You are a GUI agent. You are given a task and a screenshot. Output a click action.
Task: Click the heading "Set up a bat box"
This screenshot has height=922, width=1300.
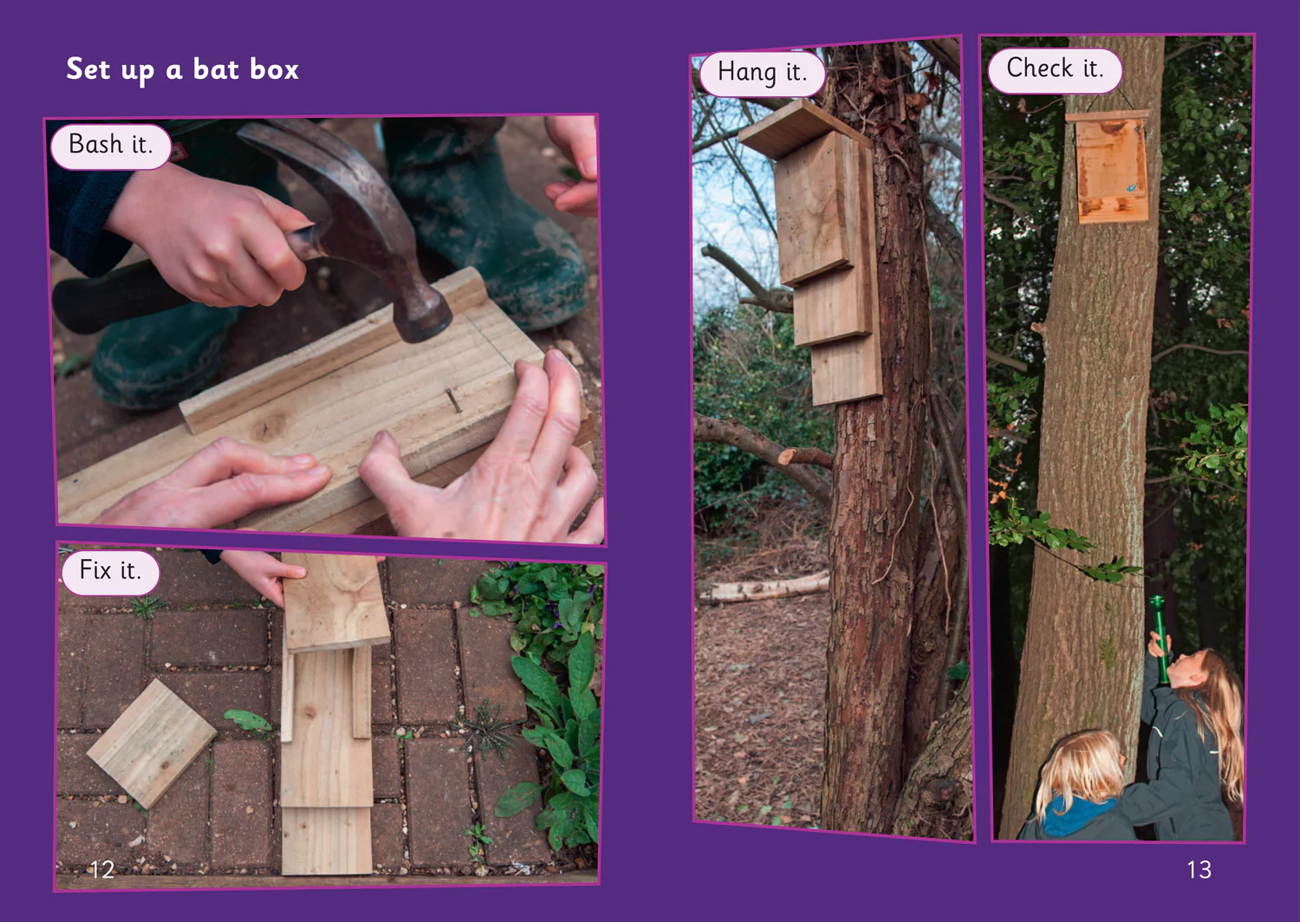[182, 69]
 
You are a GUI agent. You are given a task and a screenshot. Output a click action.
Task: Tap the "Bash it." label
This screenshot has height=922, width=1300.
[110, 145]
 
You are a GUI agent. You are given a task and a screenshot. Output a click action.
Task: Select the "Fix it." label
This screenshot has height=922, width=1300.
[110, 572]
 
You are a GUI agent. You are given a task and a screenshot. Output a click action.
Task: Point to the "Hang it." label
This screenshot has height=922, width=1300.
[762, 73]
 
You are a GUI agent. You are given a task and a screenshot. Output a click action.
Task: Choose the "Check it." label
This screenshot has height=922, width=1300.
[1055, 69]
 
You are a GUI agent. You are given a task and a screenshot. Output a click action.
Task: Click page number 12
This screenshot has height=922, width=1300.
[101, 869]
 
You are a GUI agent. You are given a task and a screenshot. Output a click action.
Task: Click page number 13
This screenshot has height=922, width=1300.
[1199, 869]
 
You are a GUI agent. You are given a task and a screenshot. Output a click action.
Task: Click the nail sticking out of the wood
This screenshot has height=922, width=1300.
[453, 400]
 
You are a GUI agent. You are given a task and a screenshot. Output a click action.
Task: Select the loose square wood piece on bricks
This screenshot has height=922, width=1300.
[152, 743]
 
